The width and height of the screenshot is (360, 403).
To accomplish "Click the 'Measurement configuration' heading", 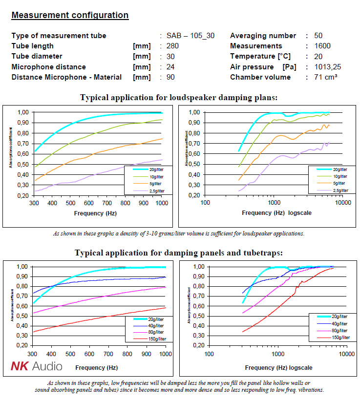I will [x=70, y=15].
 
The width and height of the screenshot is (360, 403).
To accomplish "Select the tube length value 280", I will [x=172, y=46].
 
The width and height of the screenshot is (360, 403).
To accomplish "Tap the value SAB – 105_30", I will [x=191, y=36].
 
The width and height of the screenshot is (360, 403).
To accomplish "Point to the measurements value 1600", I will [x=322, y=46].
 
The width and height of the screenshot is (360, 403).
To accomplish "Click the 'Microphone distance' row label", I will [x=48, y=67].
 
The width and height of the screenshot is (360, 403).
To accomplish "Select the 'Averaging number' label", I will [x=263, y=36].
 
